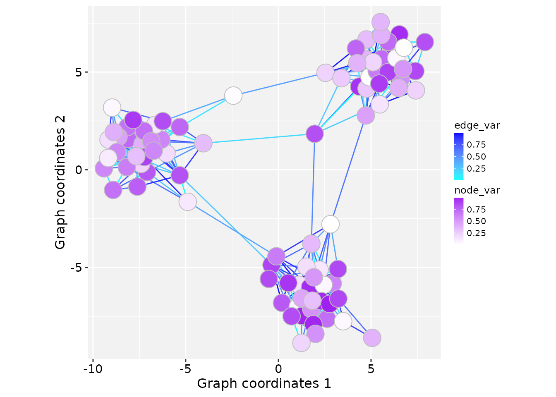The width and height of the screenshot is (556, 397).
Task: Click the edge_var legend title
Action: pyautogui.click(x=477, y=126)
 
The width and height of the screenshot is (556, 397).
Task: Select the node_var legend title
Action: pyautogui.click(x=477, y=191)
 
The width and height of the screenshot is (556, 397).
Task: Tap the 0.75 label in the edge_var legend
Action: pyautogui.click(x=476, y=145)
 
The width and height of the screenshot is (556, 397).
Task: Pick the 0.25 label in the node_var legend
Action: pyautogui.click(x=476, y=233)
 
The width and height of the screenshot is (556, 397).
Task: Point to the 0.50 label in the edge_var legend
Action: pyautogui.click(x=476, y=157)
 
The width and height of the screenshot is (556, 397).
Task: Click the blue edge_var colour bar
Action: pyautogui.click(x=459, y=156)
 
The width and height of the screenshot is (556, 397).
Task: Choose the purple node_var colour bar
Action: pyautogui.click(x=459, y=221)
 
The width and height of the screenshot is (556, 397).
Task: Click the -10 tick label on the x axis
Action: pyautogui.click(x=93, y=368)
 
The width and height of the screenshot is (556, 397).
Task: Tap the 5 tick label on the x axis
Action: pyautogui.click(x=371, y=368)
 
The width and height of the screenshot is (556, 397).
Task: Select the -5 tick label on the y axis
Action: pyautogui.click(x=79, y=268)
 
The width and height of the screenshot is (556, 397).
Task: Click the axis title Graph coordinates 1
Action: pyautogui.click(x=264, y=384)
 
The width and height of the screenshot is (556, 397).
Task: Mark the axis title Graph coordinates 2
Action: pyautogui.click(x=60, y=182)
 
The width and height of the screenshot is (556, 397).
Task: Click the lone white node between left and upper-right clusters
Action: pyautogui.click(x=233, y=96)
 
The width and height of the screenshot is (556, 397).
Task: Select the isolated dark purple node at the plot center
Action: pyautogui.click(x=315, y=134)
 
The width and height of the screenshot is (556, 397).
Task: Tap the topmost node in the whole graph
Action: pyautogui.click(x=381, y=22)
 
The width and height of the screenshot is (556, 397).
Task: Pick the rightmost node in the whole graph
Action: pyautogui.click(x=424, y=42)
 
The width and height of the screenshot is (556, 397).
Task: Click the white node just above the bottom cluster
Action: pyautogui.click(x=330, y=224)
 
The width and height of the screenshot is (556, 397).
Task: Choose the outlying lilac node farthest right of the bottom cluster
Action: pyautogui.click(x=372, y=338)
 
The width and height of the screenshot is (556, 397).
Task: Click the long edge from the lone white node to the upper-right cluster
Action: pyautogui.click(x=279, y=84)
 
